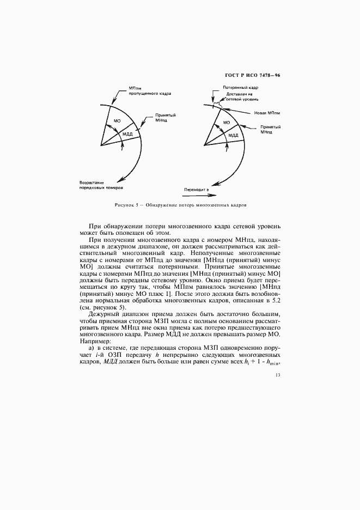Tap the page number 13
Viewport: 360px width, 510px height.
tap(278, 374)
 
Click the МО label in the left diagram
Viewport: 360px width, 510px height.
tap(117, 120)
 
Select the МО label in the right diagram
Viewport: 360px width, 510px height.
tap(227, 123)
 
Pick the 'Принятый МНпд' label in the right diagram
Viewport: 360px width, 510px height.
tap(270, 129)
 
